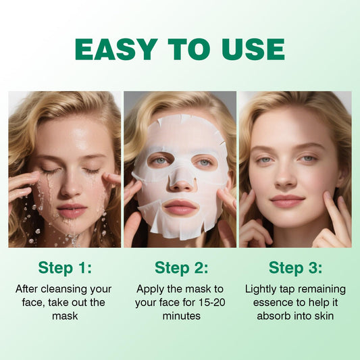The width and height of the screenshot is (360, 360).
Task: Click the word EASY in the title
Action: (115, 49)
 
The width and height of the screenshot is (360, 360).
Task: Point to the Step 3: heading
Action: (295, 267)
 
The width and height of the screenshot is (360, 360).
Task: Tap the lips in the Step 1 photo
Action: (71, 210)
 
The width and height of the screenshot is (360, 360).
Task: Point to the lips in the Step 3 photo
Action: (288, 201)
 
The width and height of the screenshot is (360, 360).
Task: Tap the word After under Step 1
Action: (29, 289)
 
